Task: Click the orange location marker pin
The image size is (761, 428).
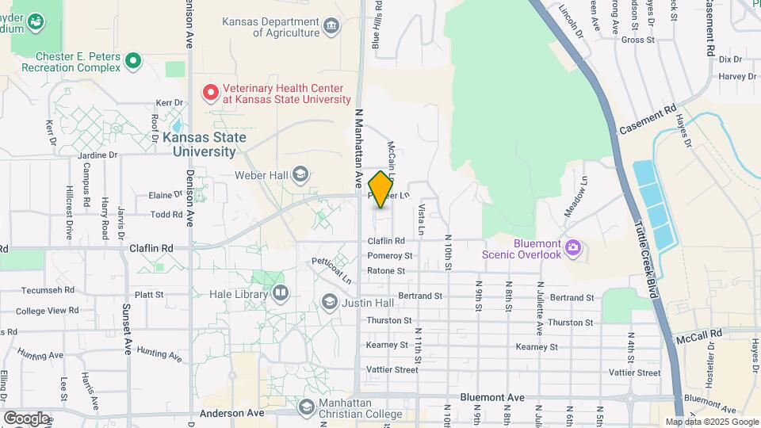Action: (380, 189)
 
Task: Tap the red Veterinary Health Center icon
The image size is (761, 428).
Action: (211, 94)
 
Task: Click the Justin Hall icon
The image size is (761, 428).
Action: (330, 302)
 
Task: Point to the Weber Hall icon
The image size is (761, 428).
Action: (300, 174)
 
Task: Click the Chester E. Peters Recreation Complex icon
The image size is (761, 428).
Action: (133, 60)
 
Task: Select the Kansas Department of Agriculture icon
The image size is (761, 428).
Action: (331, 27)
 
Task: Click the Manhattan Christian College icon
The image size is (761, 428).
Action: (306, 407)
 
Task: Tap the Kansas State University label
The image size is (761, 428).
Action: (204, 143)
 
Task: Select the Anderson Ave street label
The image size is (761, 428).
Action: (232, 413)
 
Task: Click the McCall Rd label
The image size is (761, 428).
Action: (700, 335)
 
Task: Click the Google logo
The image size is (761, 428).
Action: (26, 418)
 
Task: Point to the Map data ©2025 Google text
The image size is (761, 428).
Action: (711, 422)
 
